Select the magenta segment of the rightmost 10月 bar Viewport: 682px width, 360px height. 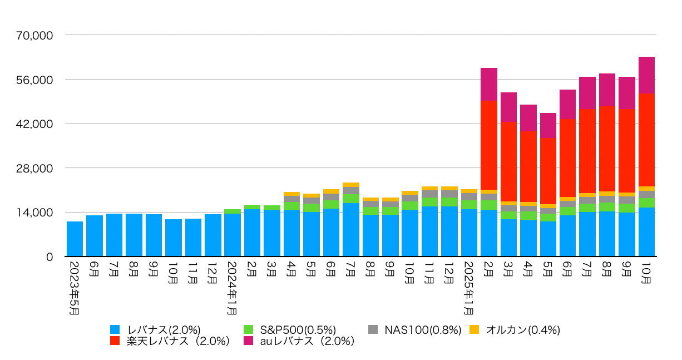646,75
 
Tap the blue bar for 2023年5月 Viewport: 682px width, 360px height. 75,239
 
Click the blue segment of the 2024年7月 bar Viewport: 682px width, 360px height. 351,229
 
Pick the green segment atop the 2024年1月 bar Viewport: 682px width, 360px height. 233,211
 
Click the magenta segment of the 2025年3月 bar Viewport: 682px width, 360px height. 508,107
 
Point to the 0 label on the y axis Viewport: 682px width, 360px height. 50,257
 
